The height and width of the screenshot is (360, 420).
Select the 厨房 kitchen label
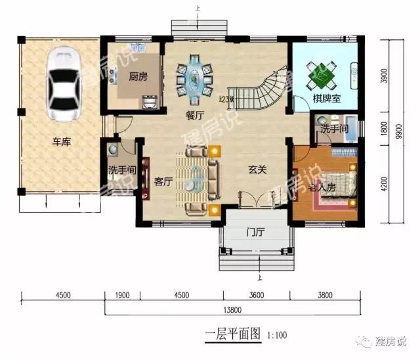pyautogui.click(x=137, y=74)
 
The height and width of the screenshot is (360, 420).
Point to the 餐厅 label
pyautogui.click(x=194, y=115)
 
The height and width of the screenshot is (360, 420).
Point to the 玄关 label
pyautogui.click(x=258, y=169)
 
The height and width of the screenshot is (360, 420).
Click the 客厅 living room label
pyautogui.click(x=163, y=181)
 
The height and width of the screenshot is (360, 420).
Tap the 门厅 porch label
pyautogui.click(x=255, y=231)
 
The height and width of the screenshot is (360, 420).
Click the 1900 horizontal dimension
pyautogui.click(x=121, y=296)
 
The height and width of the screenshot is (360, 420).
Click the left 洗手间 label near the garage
pyautogui.click(x=121, y=170)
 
